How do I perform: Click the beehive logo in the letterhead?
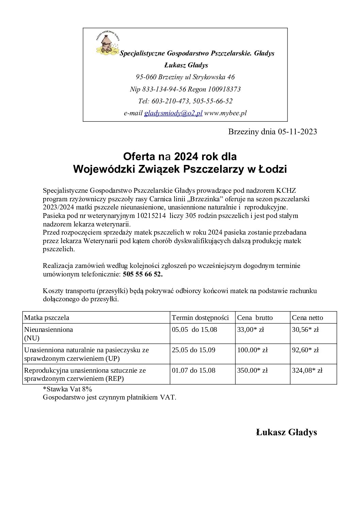click(x=107, y=43)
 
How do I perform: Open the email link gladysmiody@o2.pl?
click(x=173, y=113)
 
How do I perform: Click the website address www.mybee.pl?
click(x=225, y=113)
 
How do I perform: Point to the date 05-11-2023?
click(x=297, y=132)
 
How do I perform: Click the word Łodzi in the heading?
click(x=272, y=169)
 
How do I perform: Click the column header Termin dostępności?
click(x=200, y=318)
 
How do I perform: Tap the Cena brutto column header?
click(x=255, y=318)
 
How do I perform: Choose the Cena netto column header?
click(x=308, y=318)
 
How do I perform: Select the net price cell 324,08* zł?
click(x=307, y=370)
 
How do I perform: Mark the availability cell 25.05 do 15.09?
click(x=193, y=350)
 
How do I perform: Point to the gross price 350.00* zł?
click(x=252, y=370)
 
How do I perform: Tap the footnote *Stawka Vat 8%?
click(x=67, y=389)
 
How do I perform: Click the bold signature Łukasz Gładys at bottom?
click(x=286, y=432)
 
